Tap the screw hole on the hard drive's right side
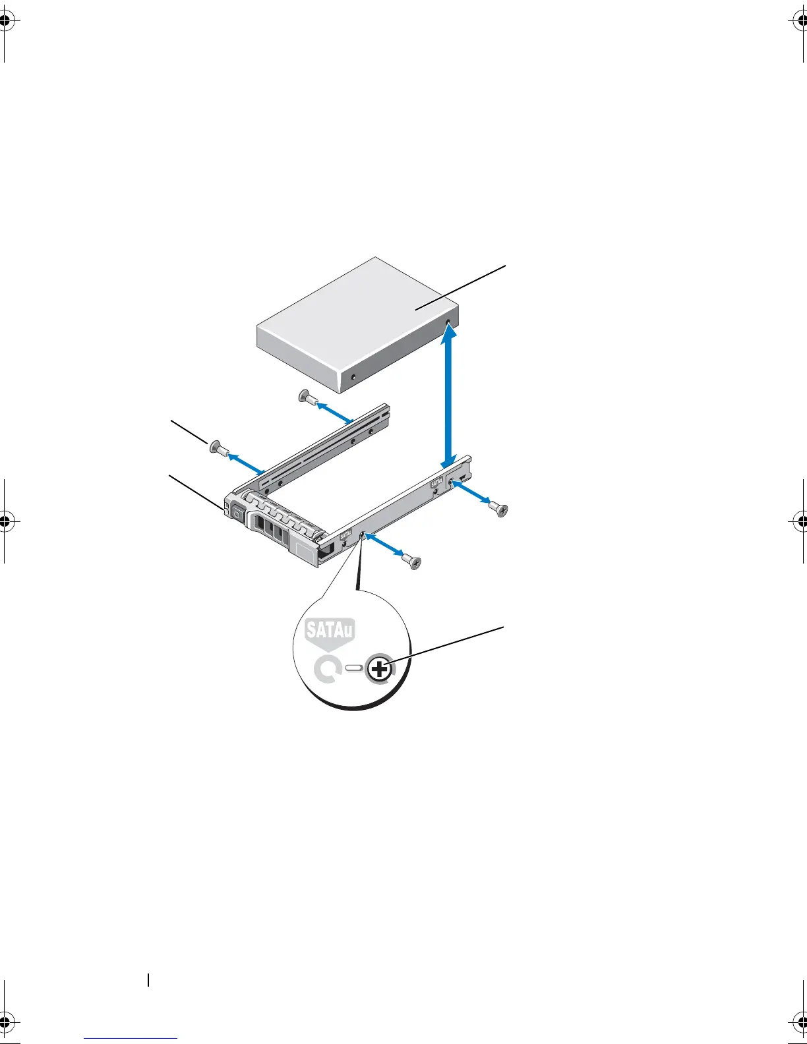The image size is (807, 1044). coord(449,323)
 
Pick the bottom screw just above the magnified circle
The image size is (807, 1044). coord(413,562)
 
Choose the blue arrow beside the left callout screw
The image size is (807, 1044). coord(245,461)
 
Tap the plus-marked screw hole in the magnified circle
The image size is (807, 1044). coord(379,670)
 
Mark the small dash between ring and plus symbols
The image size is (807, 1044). coord(353,668)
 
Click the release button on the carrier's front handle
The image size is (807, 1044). coord(236,511)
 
